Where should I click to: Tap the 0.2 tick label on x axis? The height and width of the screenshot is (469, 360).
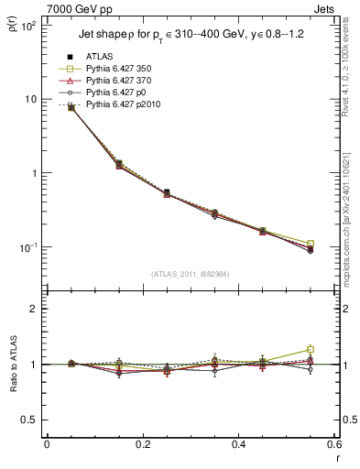tap(142, 446)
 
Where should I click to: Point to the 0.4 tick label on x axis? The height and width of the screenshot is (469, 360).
tap(238, 446)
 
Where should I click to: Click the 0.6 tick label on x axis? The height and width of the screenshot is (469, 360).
tap(333, 446)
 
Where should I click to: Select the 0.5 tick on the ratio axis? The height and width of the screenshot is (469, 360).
tap(30, 420)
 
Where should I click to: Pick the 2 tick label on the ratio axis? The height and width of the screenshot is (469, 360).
tap(34, 309)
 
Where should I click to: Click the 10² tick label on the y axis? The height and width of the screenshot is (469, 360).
tap(28, 26)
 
